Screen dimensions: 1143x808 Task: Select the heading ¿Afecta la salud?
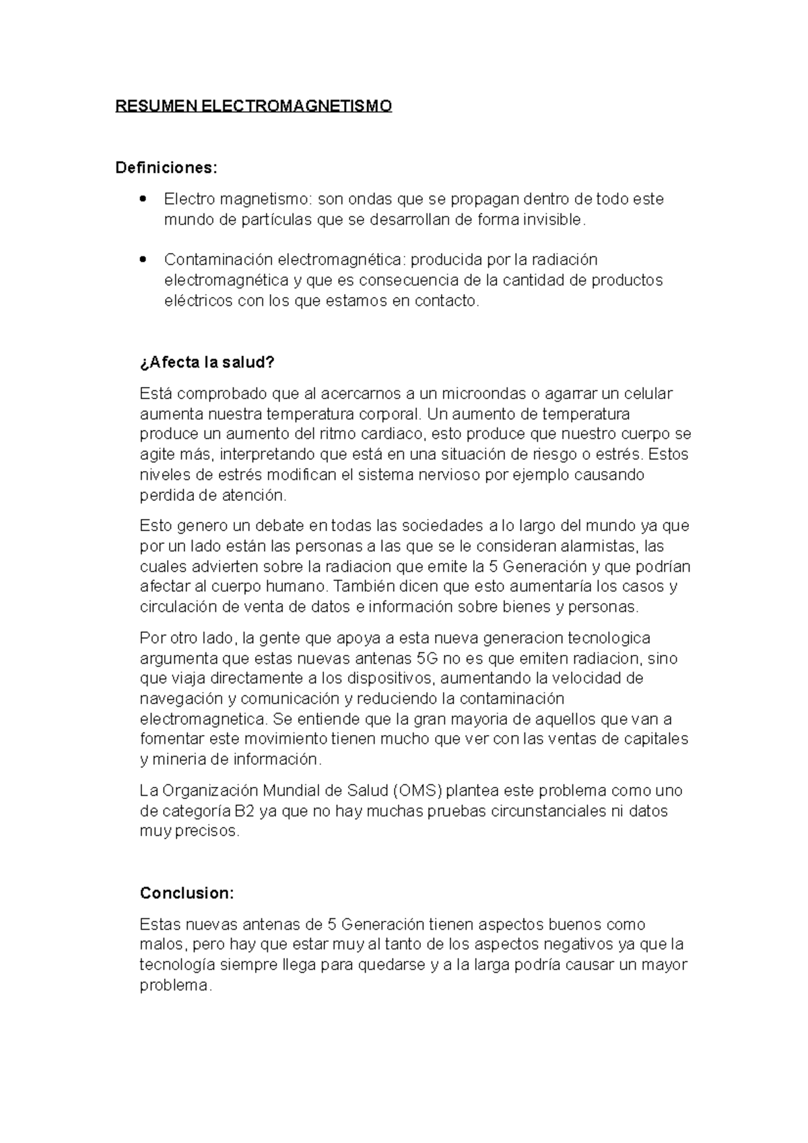(207, 363)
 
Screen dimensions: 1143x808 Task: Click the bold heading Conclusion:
(187, 893)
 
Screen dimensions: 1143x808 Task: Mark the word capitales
(655, 739)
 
